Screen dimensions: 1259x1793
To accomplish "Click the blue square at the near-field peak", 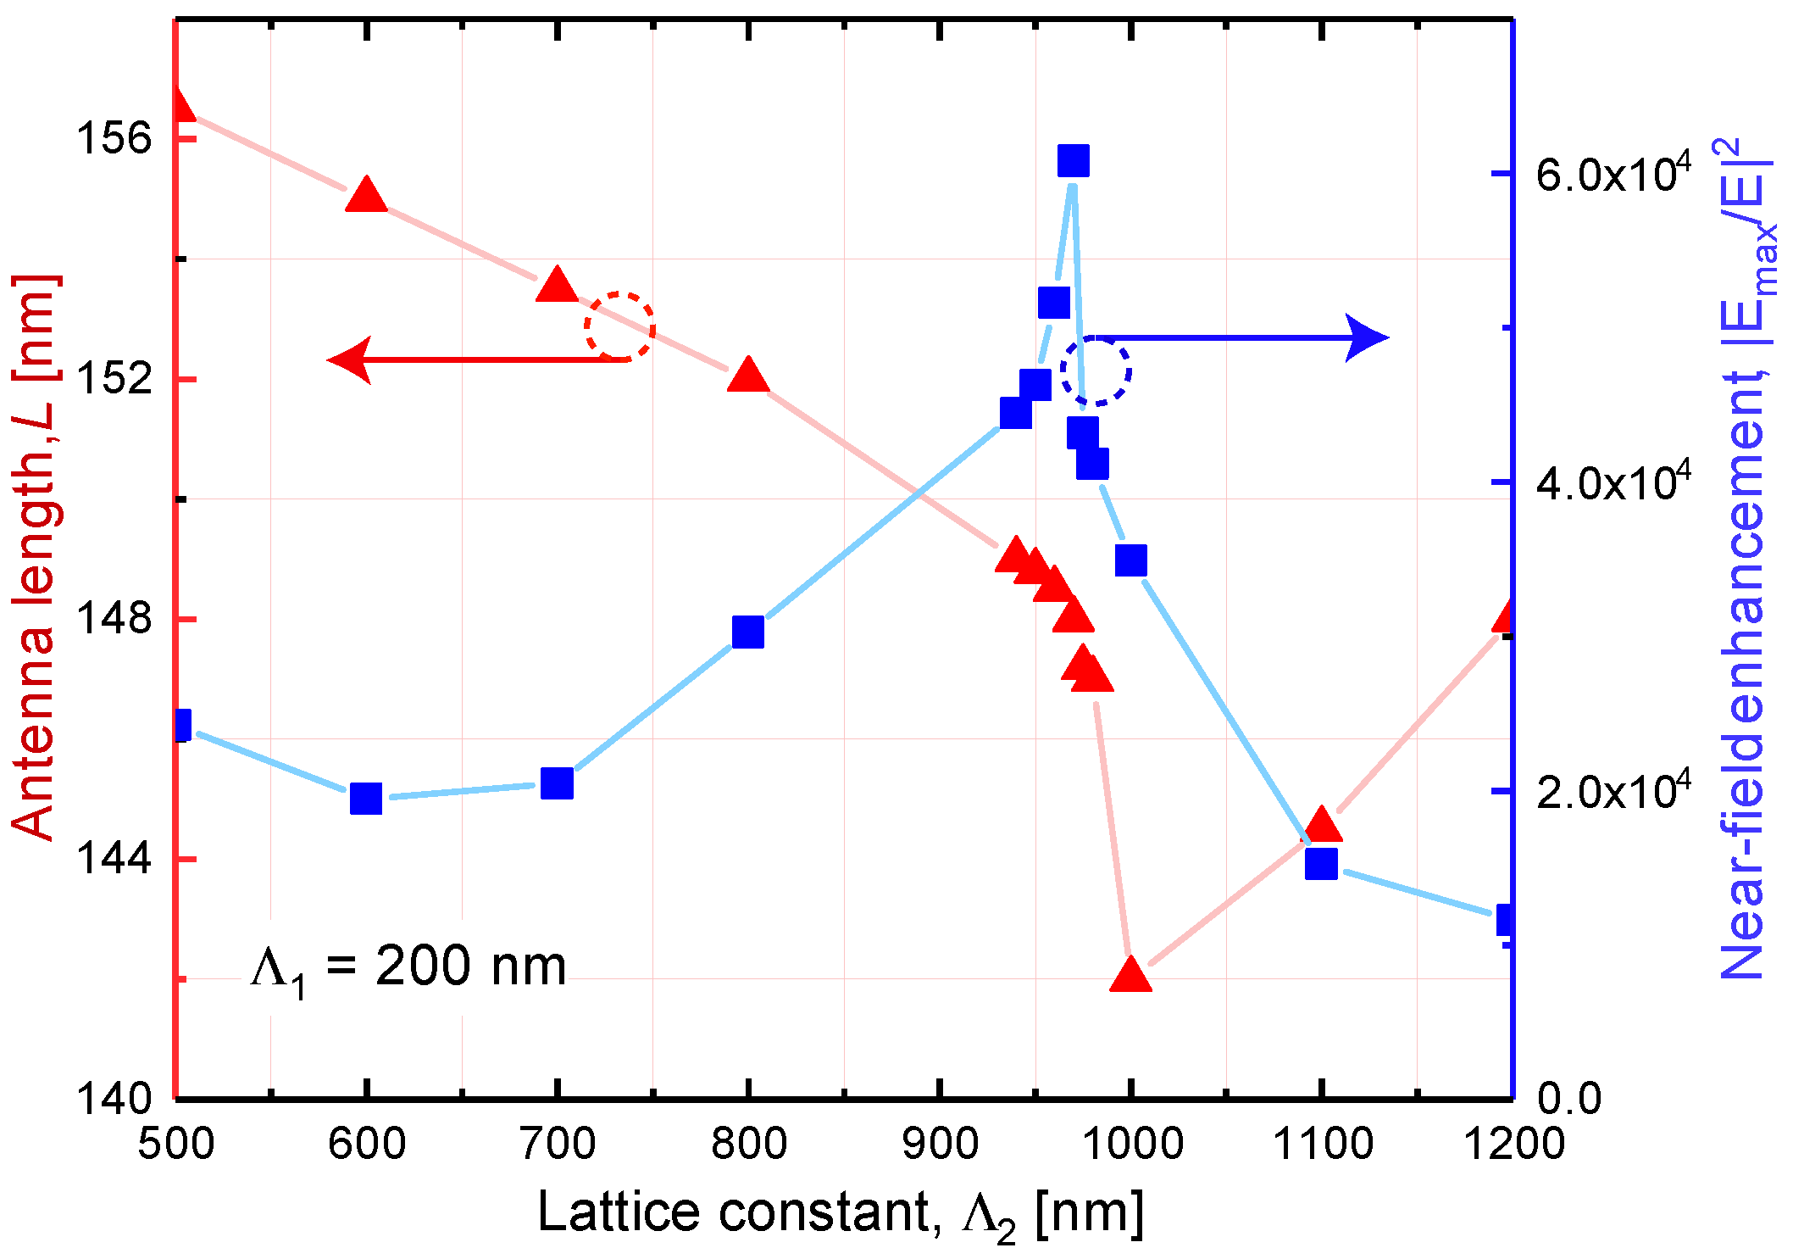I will click(1073, 160).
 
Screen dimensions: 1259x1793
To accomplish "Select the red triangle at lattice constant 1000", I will click(1130, 976).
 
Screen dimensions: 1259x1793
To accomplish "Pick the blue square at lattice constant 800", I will click(747, 632).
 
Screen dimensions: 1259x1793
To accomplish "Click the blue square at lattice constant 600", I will click(366, 798).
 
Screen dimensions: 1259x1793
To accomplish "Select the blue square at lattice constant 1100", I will click(1321, 863).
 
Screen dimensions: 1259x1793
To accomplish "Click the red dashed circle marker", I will click(619, 327).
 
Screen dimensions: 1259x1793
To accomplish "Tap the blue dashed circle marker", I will click(1096, 370).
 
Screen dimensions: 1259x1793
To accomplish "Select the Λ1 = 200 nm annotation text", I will click(408, 967).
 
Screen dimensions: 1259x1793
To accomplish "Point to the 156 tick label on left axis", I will click(114, 138).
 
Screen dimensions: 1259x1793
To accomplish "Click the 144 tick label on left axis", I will click(114, 858).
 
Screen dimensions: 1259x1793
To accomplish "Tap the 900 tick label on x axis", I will click(940, 1144).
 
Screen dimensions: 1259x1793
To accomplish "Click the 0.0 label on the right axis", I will click(1568, 1099).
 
